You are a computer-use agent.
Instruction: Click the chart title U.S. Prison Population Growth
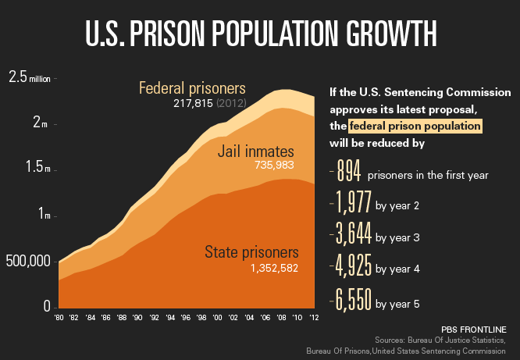pyautogui.click(x=260, y=34)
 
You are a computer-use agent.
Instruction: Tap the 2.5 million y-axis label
pyautogui.click(x=29, y=77)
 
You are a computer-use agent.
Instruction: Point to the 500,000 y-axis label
pyautogui.click(x=28, y=261)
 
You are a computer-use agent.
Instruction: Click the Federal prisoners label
pyautogui.click(x=192, y=87)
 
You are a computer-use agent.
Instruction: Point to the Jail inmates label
pyautogui.click(x=255, y=150)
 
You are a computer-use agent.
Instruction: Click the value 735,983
pyautogui.click(x=273, y=165)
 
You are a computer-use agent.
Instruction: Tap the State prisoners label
pyautogui.click(x=252, y=252)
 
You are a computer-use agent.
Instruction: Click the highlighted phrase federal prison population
pyautogui.click(x=415, y=125)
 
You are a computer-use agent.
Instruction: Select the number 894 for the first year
pyautogui.click(x=344, y=173)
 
